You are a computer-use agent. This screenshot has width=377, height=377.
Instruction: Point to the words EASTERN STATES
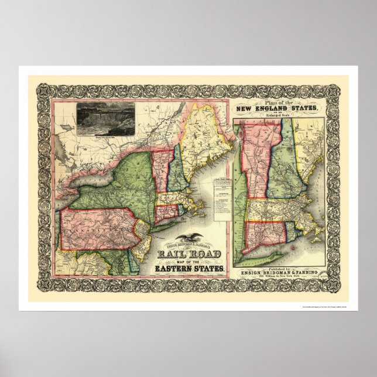pos(190,269)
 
